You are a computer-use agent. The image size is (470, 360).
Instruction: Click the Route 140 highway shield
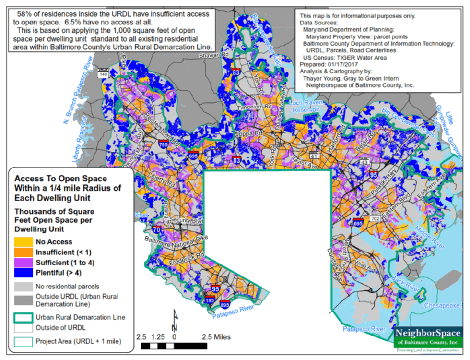point(103,74)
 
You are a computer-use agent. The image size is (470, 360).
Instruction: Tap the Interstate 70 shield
point(156,229)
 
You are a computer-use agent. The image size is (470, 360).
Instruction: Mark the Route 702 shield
point(375,218)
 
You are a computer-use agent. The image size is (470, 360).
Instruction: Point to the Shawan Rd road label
point(214,56)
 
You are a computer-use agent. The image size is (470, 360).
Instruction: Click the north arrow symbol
point(175,321)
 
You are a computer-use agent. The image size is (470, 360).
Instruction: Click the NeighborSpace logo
point(428,338)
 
